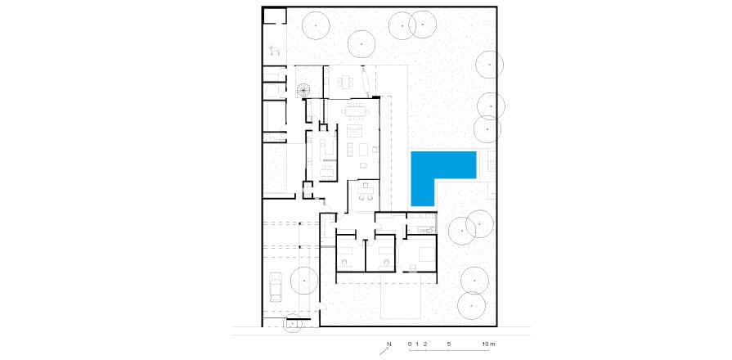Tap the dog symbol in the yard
click(275, 50)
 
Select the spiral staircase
click(304, 91)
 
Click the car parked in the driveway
click(276, 287)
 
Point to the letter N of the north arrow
click(388, 344)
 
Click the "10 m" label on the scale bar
click(489, 344)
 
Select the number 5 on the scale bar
click(449, 344)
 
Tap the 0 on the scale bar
click(410, 344)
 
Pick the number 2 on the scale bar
click(424, 344)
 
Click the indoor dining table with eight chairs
click(356, 111)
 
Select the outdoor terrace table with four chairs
click(346, 83)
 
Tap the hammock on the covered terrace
click(366, 82)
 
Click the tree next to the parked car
click(304, 281)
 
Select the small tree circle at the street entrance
click(293, 324)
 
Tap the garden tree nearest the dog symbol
click(316, 25)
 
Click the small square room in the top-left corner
click(274, 15)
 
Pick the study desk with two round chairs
click(364, 192)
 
